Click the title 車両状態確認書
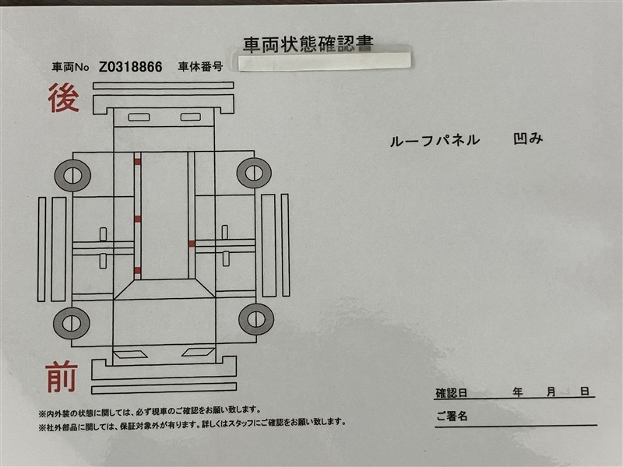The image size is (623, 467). pos(308,44)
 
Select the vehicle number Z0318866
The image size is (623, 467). pos(130,67)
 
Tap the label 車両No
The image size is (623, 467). pos(70,67)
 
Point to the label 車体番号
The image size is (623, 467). pos(200,66)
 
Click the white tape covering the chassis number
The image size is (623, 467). pos(325,61)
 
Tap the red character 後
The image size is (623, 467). pos(64,98)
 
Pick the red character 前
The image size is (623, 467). pos(61,377)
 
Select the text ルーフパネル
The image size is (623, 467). pos(435,141)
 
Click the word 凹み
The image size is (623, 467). pos(528,139)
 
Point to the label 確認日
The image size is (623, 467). pos(452,393)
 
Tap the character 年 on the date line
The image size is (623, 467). pos(517,392)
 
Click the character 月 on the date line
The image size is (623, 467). pos(551,392)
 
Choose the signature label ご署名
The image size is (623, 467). pos(452,416)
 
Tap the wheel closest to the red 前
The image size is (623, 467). pos(72,323)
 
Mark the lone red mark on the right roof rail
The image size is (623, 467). pos(192,244)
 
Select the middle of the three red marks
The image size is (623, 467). pos(138,219)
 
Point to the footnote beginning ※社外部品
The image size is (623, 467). pos(192,423)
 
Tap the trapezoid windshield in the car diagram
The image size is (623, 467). pos(164,289)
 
